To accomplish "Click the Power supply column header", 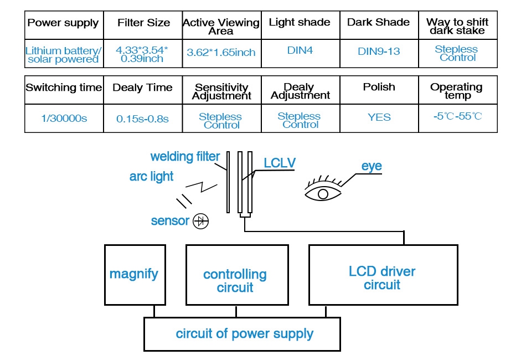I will click(63, 23).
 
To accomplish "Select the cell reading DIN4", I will click(300, 51).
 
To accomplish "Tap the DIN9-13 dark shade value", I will click(379, 52).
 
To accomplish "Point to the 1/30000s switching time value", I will click(64, 118).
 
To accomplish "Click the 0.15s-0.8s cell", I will click(142, 118).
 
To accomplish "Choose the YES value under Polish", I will click(379, 117).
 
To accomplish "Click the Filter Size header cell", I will click(143, 23).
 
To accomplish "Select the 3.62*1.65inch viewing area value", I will click(221, 53).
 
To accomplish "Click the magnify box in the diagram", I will click(133, 274).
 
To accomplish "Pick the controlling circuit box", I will click(236, 280).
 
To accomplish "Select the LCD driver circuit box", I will click(383, 277).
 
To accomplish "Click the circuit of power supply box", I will click(244, 334).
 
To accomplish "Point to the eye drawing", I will click(324, 191).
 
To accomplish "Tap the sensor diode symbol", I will click(200, 222).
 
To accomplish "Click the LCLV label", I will click(280, 163).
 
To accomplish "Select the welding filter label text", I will click(185, 157).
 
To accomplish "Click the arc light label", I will click(151, 177).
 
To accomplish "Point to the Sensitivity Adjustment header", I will click(221, 91).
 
